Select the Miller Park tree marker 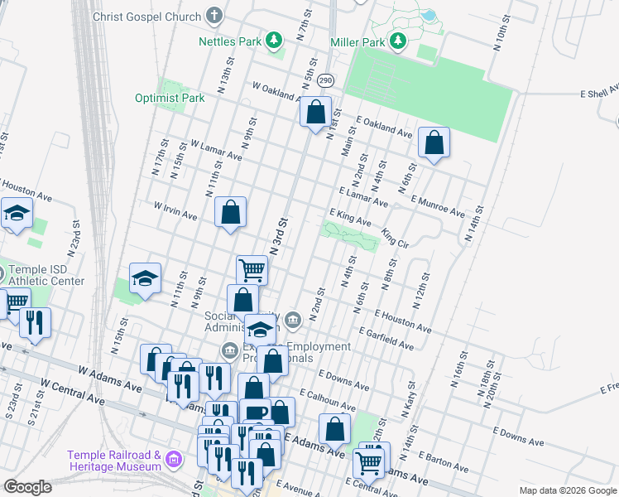point(399,41)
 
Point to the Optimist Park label point(170,98)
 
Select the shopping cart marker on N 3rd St point(252,268)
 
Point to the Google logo point(28,487)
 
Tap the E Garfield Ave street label point(386,337)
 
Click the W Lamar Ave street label point(215,149)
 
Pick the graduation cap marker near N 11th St point(145,279)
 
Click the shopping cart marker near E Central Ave point(368,461)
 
